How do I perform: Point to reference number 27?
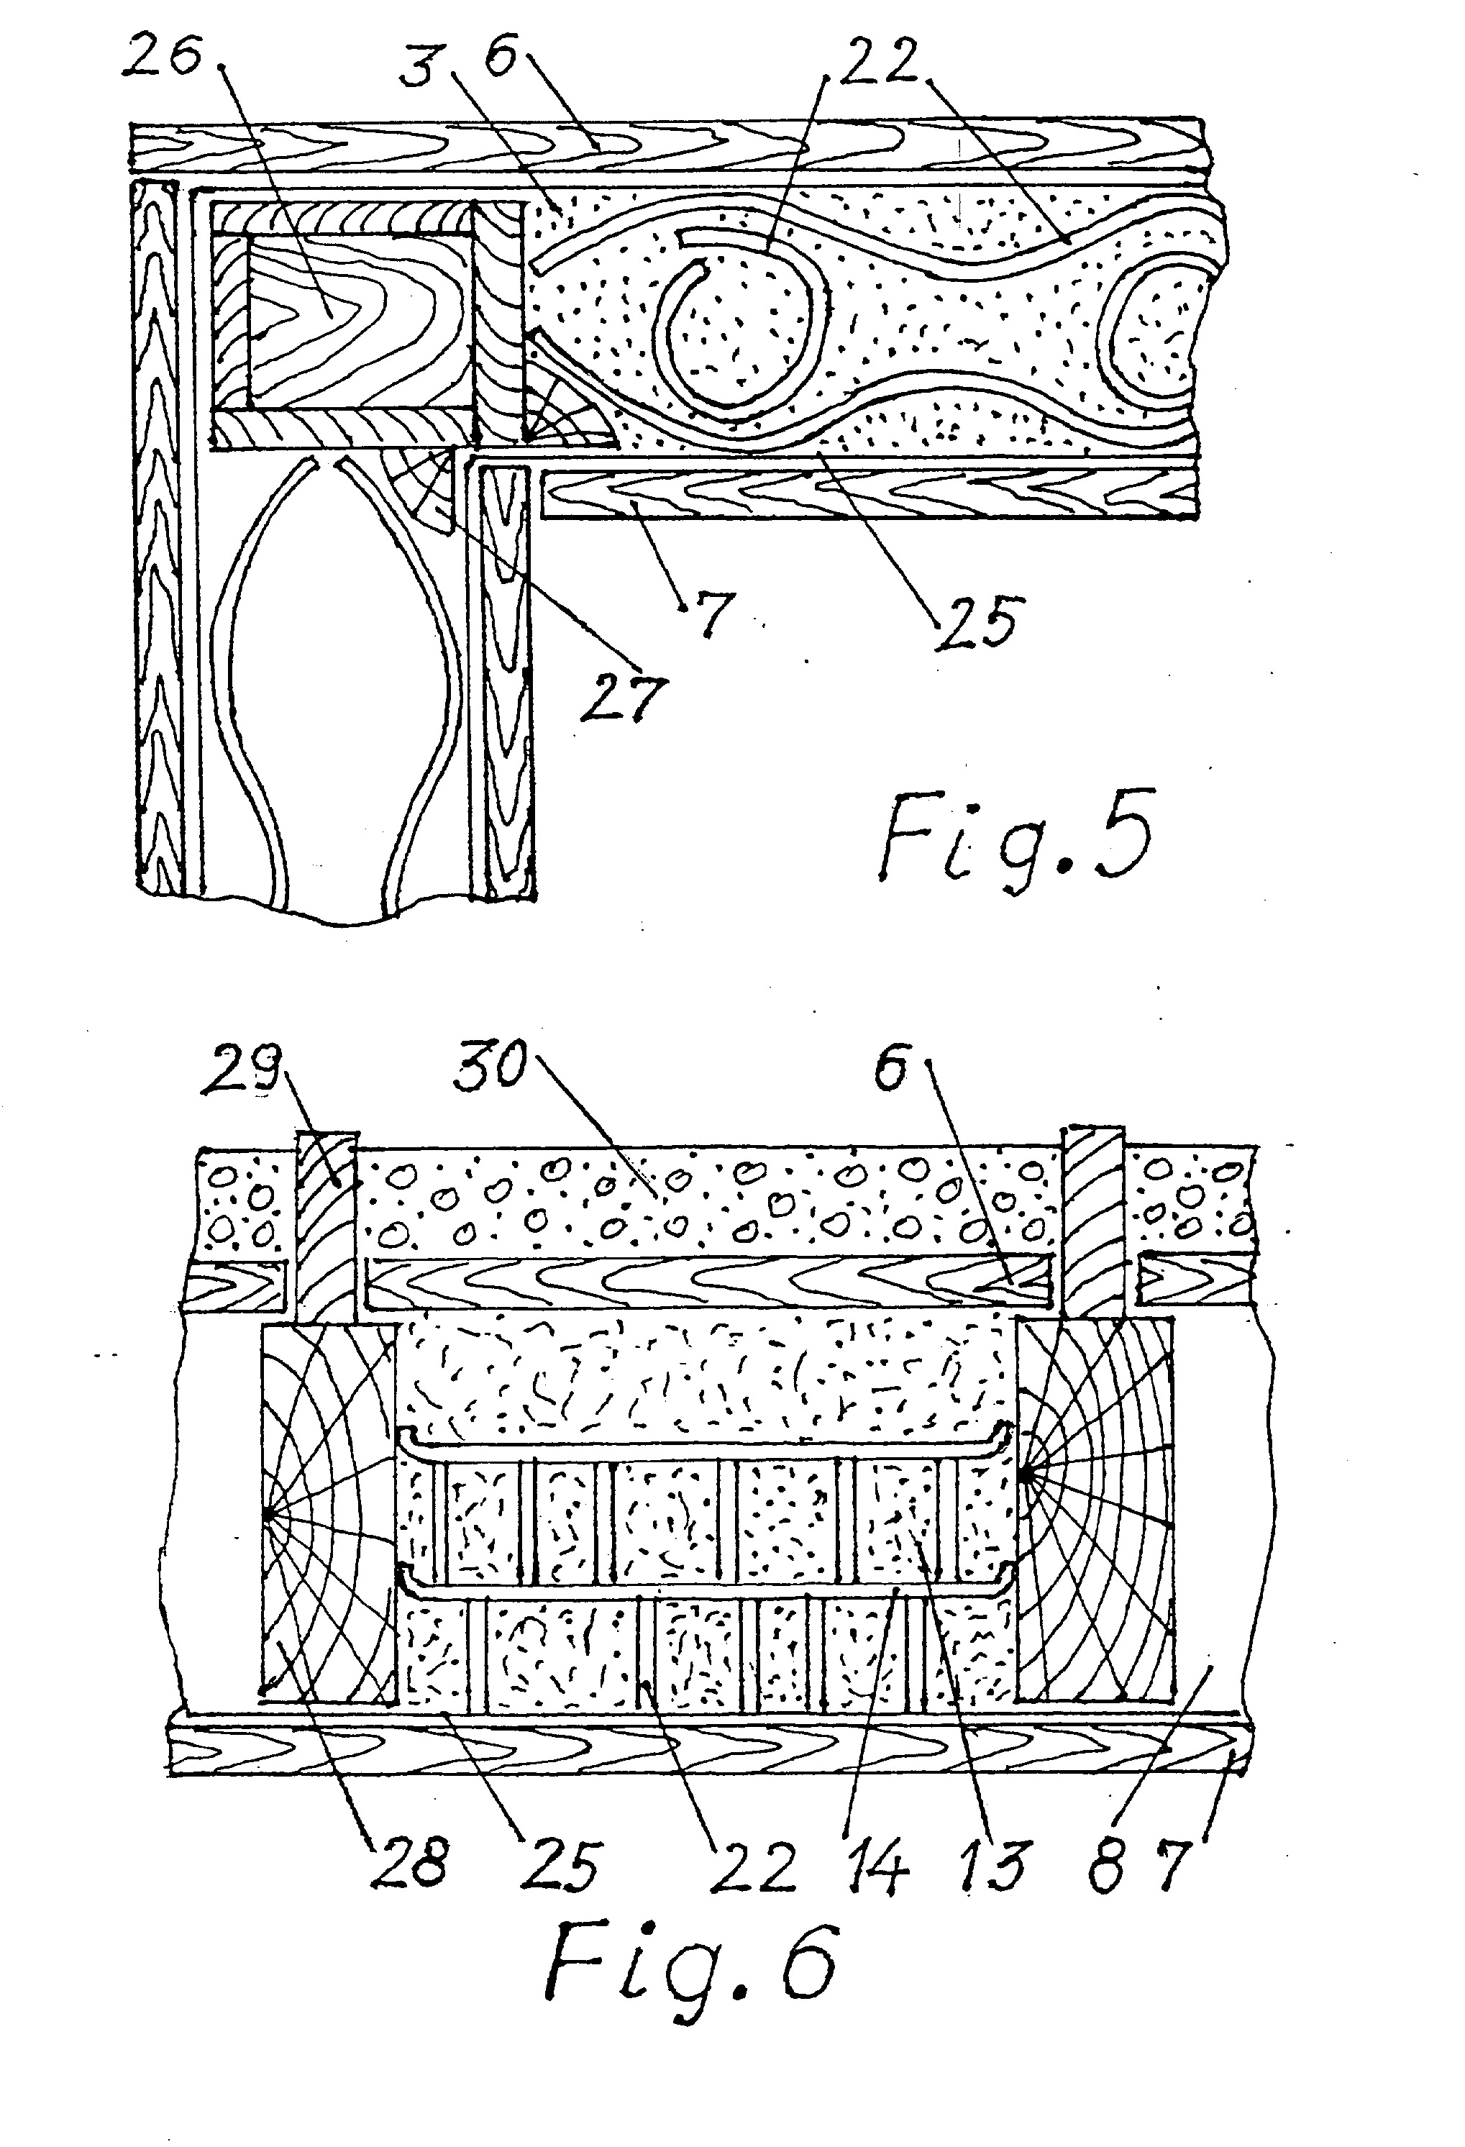point(624,698)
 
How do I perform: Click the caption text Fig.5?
point(1016,838)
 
